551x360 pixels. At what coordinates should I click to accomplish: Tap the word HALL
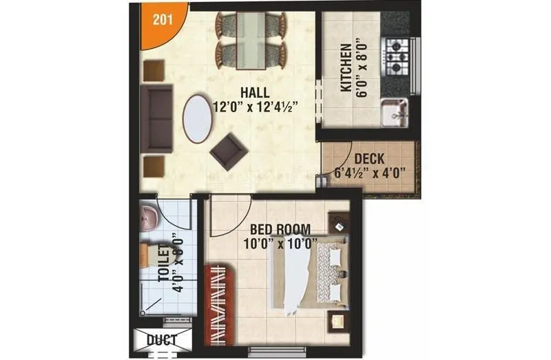point(255,93)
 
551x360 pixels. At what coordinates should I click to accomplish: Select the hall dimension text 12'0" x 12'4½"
point(255,107)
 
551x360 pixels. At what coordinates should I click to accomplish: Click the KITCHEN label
point(346,69)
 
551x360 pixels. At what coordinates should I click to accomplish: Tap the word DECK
point(369,159)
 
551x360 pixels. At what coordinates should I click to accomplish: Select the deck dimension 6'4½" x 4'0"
point(370,173)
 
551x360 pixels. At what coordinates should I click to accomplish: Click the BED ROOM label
point(280,229)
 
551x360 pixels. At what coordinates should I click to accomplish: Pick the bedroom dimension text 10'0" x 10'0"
point(280,242)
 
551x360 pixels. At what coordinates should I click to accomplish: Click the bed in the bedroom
point(306,275)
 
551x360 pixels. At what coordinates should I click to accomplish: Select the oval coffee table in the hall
point(198,118)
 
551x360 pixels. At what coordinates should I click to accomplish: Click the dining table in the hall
point(251,40)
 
